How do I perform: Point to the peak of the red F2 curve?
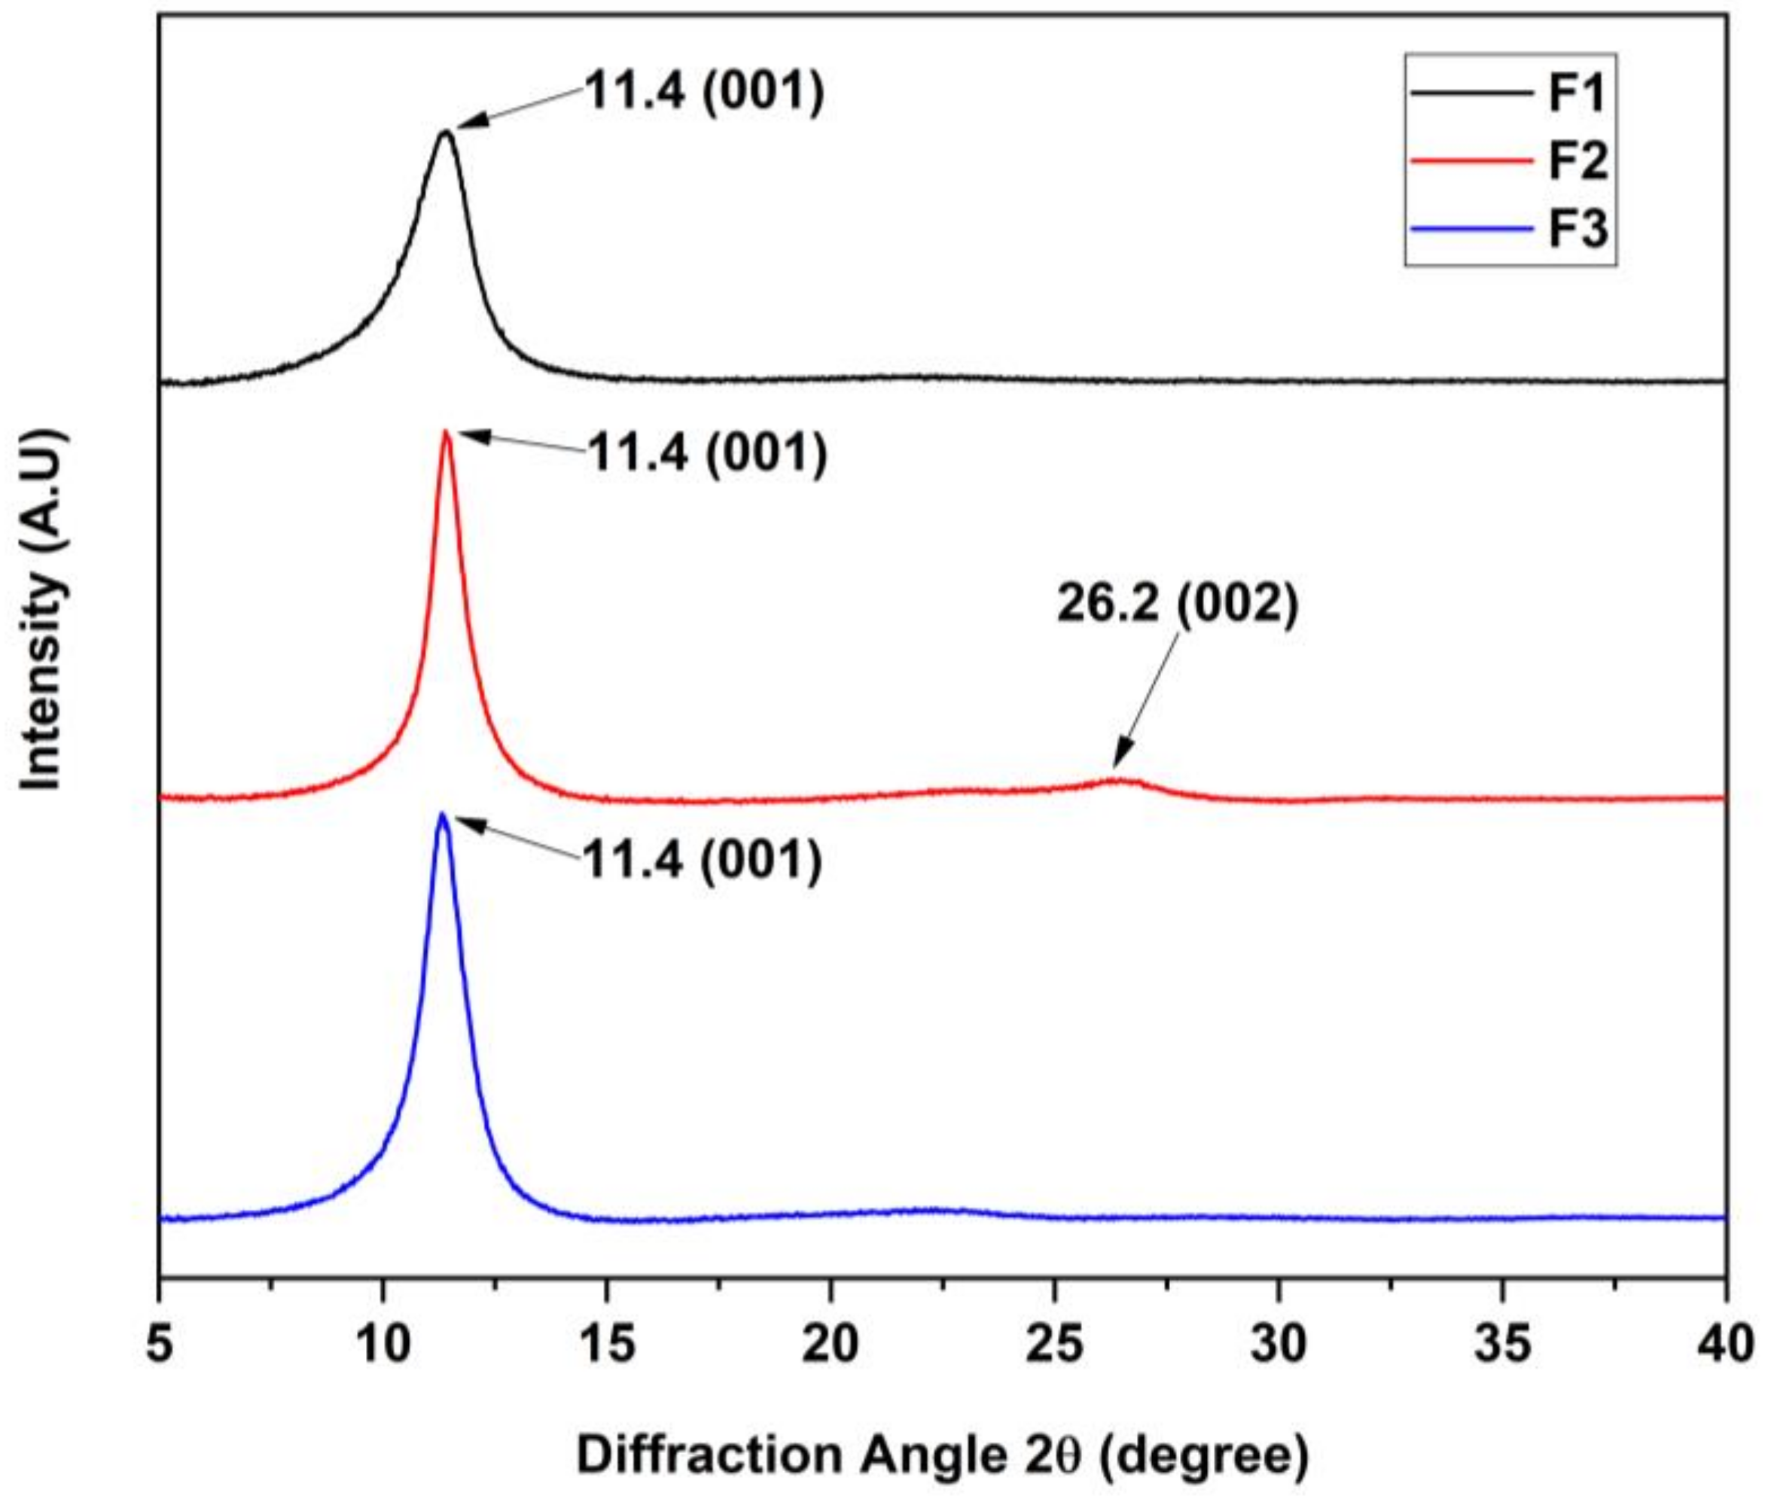(x=445, y=433)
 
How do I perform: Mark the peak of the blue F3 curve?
(x=442, y=815)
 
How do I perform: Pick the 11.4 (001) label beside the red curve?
(x=707, y=454)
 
